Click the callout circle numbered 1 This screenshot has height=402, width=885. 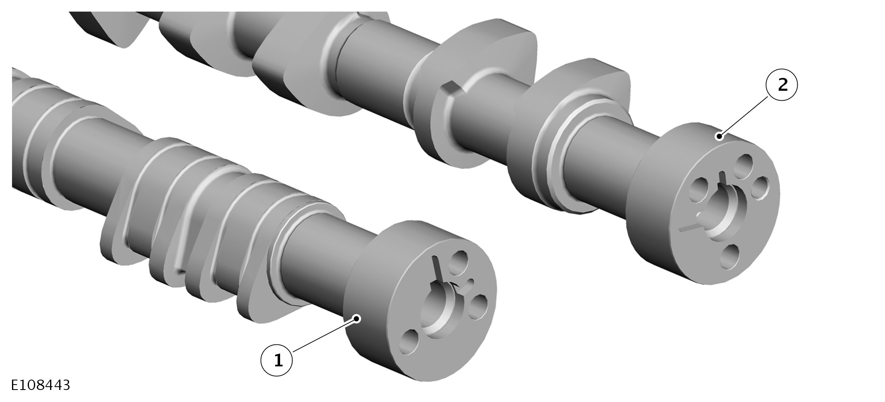click(277, 360)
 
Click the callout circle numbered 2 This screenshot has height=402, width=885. click(782, 85)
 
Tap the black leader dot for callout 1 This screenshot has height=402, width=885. click(357, 318)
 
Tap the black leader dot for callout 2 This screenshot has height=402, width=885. click(720, 136)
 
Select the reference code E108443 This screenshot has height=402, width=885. click(41, 385)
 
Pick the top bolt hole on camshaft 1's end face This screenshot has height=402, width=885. click(458, 262)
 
